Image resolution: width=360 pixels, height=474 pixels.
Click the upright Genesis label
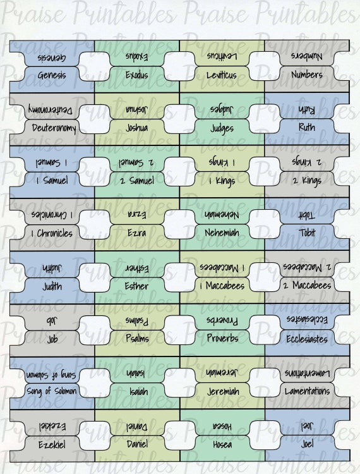[52, 75]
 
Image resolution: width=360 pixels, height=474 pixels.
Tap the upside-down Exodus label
[137, 56]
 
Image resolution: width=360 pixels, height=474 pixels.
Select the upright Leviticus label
[222, 75]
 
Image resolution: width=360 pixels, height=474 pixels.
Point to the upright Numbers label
[307, 75]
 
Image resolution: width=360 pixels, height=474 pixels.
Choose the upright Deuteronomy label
[54, 128]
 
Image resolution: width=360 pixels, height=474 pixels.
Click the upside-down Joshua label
[137, 109]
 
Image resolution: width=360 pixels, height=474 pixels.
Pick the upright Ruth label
[306, 127]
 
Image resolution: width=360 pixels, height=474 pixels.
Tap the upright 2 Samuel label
[137, 181]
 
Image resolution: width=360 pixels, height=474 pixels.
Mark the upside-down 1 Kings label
[222, 162]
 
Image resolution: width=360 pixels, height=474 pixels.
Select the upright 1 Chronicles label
[52, 233]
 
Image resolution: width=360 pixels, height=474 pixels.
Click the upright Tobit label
[307, 233]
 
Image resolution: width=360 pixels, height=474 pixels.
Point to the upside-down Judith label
[52, 268]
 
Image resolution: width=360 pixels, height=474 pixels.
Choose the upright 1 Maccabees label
[222, 286]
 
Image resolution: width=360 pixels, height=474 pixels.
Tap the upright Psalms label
[137, 338]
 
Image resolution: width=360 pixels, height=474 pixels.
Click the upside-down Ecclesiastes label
[307, 320]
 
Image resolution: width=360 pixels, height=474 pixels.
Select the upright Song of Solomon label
[52, 391]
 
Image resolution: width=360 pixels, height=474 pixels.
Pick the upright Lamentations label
[307, 391]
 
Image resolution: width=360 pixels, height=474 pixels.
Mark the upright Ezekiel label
[52, 445]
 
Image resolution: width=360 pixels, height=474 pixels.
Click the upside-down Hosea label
[222, 426]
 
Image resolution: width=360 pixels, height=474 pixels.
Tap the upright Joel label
[307, 444]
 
